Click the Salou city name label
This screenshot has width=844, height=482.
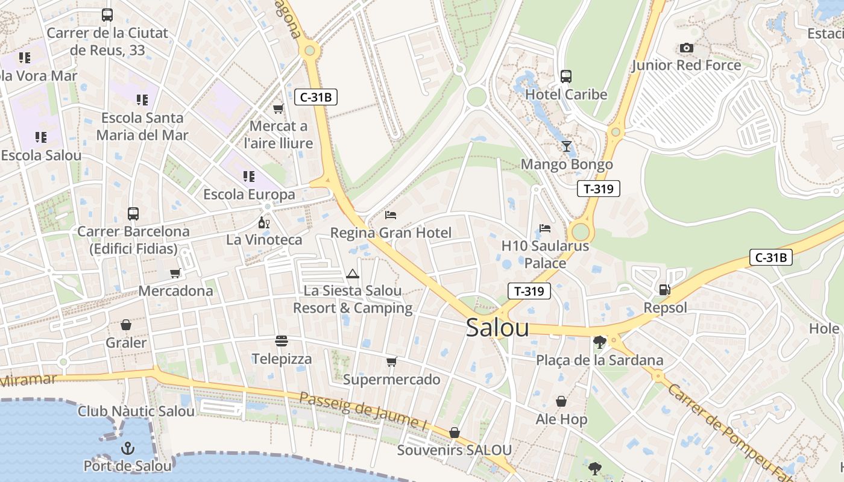click(497, 328)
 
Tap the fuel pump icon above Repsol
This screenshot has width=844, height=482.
click(664, 290)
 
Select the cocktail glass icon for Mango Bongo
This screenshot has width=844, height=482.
click(566, 146)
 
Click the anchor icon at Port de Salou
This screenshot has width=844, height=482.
click(127, 448)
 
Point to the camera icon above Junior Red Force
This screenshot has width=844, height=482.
click(686, 48)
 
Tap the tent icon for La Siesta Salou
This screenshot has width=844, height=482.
click(353, 274)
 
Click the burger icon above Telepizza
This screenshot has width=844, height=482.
click(282, 341)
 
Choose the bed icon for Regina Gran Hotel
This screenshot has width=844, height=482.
click(391, 214)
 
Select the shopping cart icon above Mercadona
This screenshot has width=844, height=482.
click(175, 273)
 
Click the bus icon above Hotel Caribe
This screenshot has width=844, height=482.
click(565, 77)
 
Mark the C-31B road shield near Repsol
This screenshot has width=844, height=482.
click(771, 257)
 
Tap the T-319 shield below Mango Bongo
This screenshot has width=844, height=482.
click(598, 189)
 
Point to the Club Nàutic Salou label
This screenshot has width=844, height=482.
click(136, 412)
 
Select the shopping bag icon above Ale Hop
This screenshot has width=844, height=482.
click(561, 401)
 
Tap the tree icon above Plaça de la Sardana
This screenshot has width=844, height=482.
click(599, 342)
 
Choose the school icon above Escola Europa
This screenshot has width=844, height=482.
click(248, 177)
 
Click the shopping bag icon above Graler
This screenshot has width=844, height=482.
click(126, 325)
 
